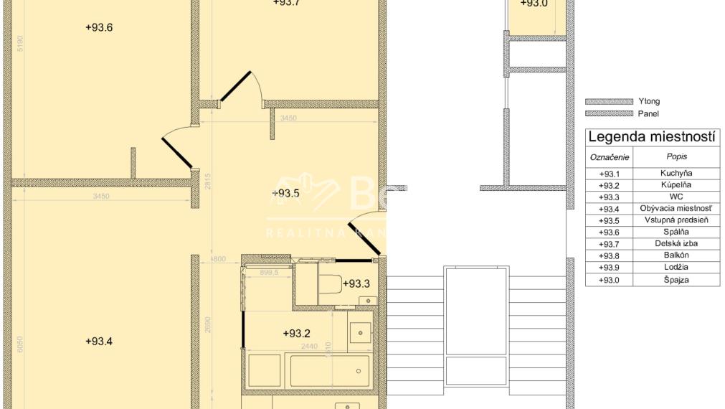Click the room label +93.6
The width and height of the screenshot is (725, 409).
99,28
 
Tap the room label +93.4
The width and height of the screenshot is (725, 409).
99,341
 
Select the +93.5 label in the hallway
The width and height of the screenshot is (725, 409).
285,192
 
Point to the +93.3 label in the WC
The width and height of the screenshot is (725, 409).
356,283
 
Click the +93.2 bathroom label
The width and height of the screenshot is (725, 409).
296,333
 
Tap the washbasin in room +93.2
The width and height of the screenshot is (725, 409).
359,332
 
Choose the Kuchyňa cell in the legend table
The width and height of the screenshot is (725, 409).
680,173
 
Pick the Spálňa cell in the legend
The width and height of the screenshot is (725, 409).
680,232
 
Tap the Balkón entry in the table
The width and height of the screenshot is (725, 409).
680,255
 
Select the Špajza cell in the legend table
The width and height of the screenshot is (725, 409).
680,280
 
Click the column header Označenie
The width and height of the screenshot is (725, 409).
609,156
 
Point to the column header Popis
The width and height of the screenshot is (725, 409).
680,156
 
